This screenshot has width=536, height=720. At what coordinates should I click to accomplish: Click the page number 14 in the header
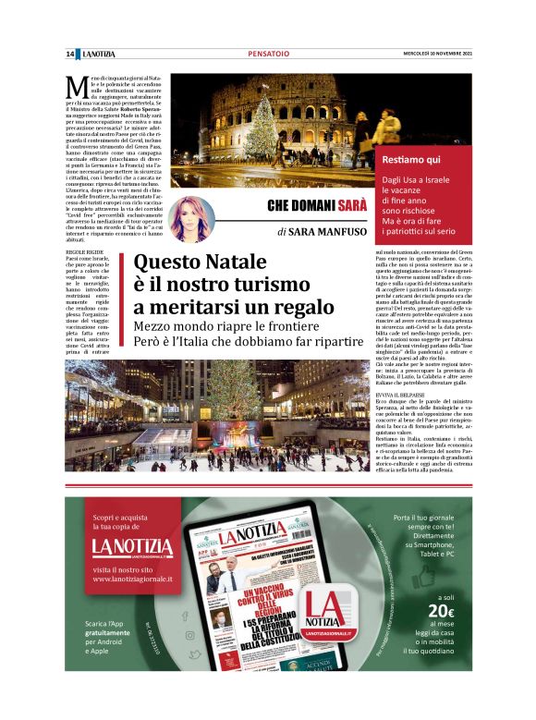[x=70, y=55]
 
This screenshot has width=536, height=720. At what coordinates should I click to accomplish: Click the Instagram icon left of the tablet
[x=189, y=634]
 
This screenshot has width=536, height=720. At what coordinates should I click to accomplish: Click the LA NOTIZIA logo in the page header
[x=100, y=55]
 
